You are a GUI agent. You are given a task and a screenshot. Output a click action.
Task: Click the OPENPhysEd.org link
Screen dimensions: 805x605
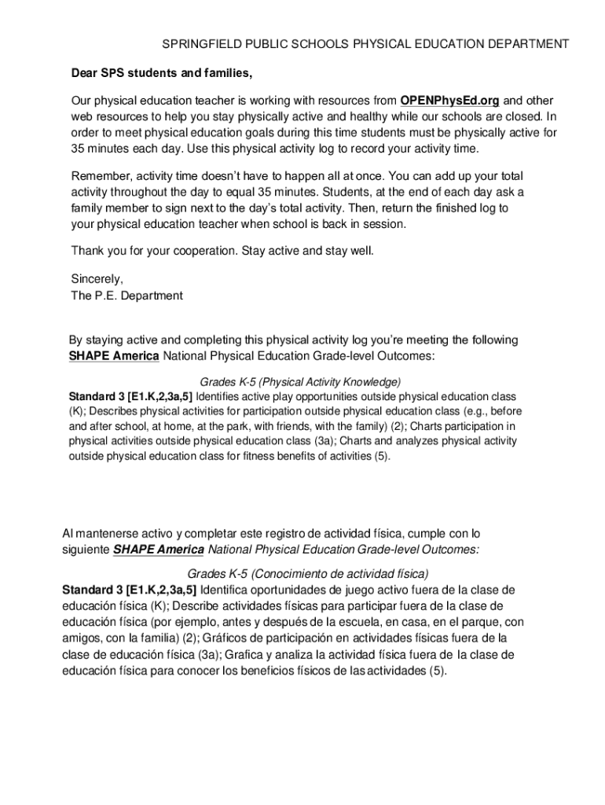(449, 101)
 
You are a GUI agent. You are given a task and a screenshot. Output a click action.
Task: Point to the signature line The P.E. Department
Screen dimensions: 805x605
(126, 296)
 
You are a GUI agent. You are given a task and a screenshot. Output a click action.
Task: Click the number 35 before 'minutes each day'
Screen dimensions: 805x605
(78, 149)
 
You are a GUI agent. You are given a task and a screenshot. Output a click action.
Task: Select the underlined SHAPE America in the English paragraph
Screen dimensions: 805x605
(114, 356)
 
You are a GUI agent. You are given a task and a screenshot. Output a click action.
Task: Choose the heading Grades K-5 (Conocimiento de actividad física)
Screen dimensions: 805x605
(308, 573)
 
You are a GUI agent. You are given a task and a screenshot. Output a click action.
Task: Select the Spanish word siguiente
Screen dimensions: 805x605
(86, 550)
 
